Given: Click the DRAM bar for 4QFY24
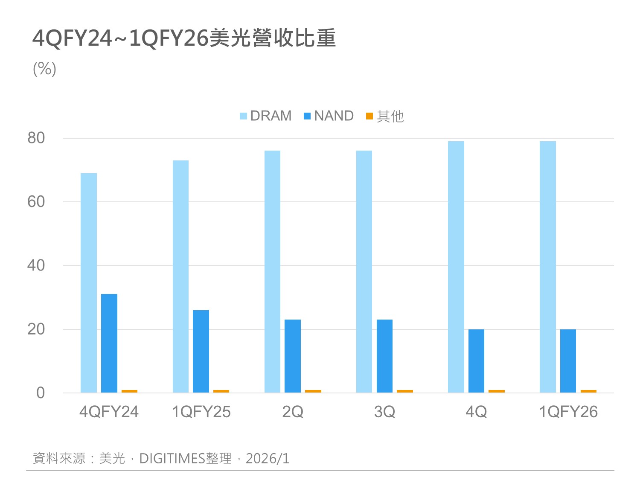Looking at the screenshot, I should [x=89, y=282].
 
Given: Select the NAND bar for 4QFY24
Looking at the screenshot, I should [x=109, y=343].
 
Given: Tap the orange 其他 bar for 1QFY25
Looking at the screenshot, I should [x=221, y=391].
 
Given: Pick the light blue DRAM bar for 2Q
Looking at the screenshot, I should [x=272, y=271].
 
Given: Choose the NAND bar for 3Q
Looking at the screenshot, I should [x=384, y=356].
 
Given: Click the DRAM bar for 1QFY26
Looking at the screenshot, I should [x=548, y=267].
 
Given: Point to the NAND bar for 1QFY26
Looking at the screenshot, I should [x=568, y=361].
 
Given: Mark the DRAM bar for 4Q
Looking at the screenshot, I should [x=456, y=267].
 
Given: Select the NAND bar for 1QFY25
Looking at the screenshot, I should [x=201, y=351].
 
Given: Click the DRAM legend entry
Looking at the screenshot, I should [x=266, y=116].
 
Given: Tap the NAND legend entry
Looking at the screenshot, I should [x=329, y=116].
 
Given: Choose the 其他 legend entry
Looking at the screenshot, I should [x=385, y=116].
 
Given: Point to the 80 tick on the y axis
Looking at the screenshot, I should [x=36, y=138].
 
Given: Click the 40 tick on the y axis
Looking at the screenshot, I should [x=36, y=265].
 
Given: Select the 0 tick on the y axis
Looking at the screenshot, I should [x=41, y=393].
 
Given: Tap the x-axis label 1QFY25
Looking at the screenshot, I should [x=201, y=412].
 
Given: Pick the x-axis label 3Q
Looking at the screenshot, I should [x=384, y=412].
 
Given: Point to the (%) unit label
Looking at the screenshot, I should [x=44, y=69].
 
